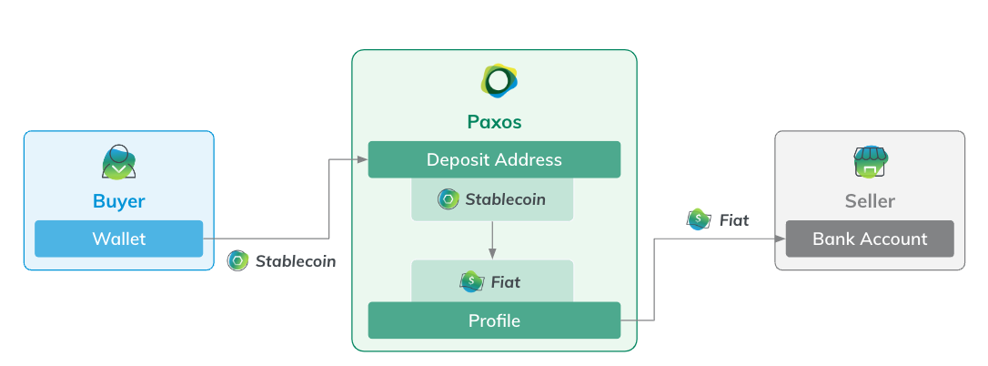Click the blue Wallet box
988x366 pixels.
coord(118,239)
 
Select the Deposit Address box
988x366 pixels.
coord(494,159)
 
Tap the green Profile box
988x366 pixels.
coord(494,320)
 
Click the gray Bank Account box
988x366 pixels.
coord(869,239)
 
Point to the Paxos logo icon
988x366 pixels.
coord(498,82)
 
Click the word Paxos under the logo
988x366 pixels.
coord(494,122)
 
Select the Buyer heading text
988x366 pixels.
coord(118,200)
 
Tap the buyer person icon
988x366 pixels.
coord(118,162)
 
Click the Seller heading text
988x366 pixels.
coord(869,201)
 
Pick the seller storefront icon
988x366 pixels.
coord(869,162)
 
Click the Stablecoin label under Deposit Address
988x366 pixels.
coord(505,198)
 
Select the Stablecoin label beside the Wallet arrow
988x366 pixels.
coord(295,261)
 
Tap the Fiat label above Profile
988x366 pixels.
coord(505,282)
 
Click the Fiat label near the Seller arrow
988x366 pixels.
coord(733,220)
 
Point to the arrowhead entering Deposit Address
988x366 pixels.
coord(362,159)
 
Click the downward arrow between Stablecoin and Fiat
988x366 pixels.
coord(492,240)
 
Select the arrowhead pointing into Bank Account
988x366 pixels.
coord(781,239)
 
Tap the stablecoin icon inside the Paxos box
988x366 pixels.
coord(448,198)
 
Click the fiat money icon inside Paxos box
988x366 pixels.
coord(470,282)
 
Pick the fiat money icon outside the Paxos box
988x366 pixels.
coord(698,219)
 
